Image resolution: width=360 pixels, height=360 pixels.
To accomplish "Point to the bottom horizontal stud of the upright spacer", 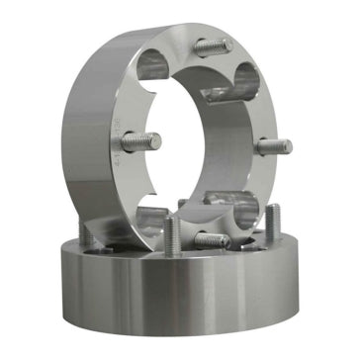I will point(210,238).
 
